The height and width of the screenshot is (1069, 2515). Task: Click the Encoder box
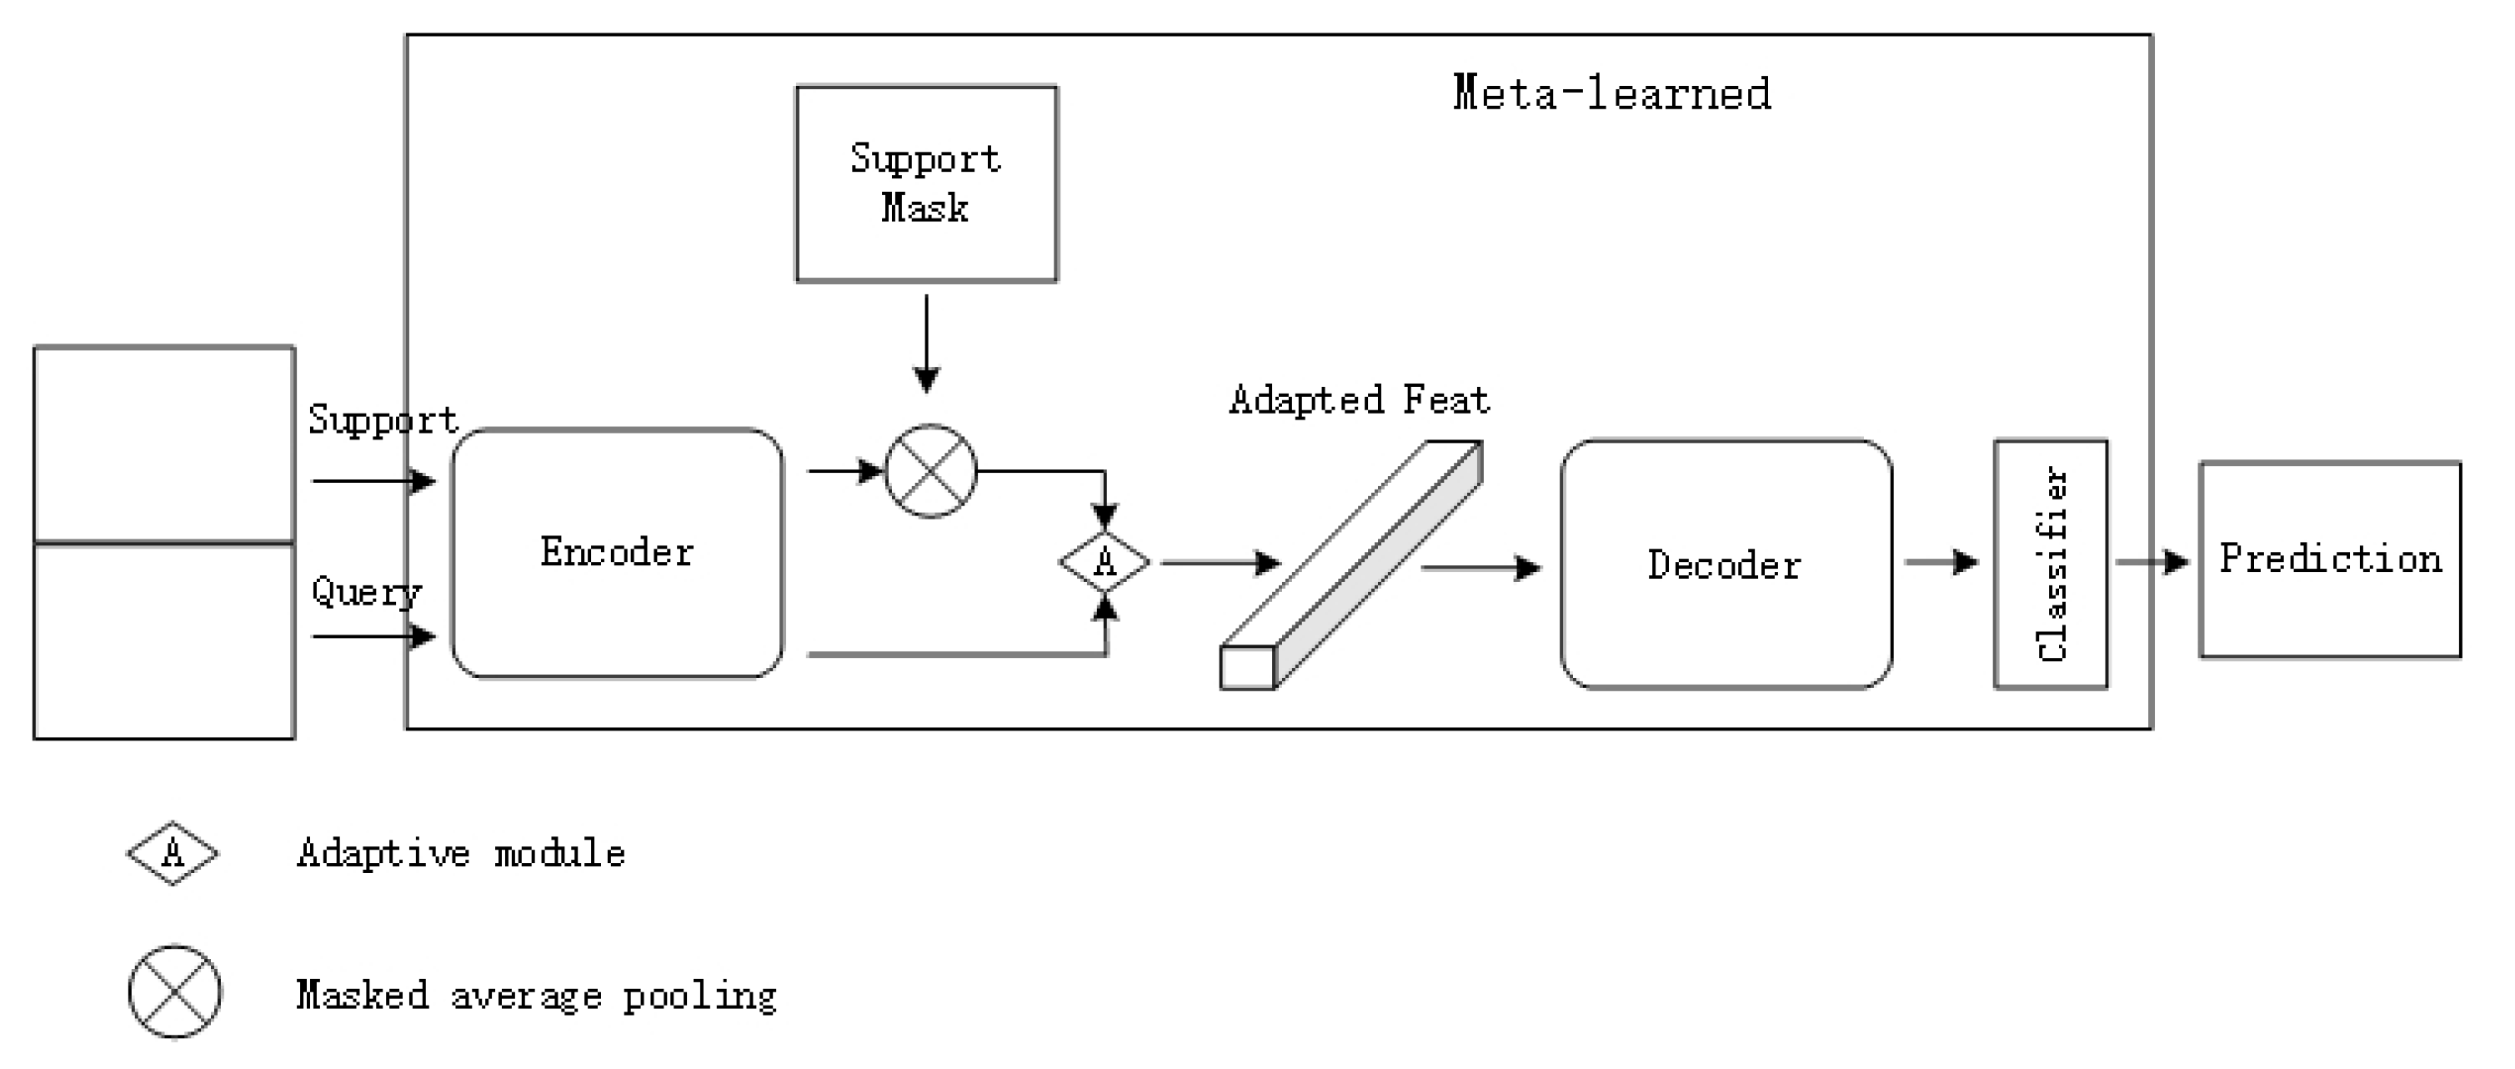[617, 553]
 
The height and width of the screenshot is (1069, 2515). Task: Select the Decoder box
[1726, 565]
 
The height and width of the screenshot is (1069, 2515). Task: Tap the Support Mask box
[925, 183]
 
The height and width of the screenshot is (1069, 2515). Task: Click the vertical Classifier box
[2051, 565]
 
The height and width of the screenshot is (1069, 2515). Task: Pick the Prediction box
[2329, 560]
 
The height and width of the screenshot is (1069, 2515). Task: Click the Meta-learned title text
[1611, 93]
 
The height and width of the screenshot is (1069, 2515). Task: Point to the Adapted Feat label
[1359, 400]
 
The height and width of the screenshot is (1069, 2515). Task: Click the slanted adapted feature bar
[1352, 565]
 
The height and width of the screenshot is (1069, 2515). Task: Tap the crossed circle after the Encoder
[930, 470]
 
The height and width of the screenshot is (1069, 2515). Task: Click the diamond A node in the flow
[1105, 562]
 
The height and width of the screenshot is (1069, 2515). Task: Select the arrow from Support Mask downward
[925, 342]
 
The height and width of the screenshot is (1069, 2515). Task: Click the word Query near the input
[366, 591]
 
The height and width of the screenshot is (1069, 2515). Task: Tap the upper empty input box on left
[164, 444]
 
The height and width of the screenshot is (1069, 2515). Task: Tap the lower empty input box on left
[164, 640]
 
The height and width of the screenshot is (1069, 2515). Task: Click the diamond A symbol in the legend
[173, 853]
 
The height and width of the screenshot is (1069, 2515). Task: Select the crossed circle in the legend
[175, 992]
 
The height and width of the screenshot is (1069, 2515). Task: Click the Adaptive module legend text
[461, 853]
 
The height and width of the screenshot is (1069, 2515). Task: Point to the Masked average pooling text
[536, 996]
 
